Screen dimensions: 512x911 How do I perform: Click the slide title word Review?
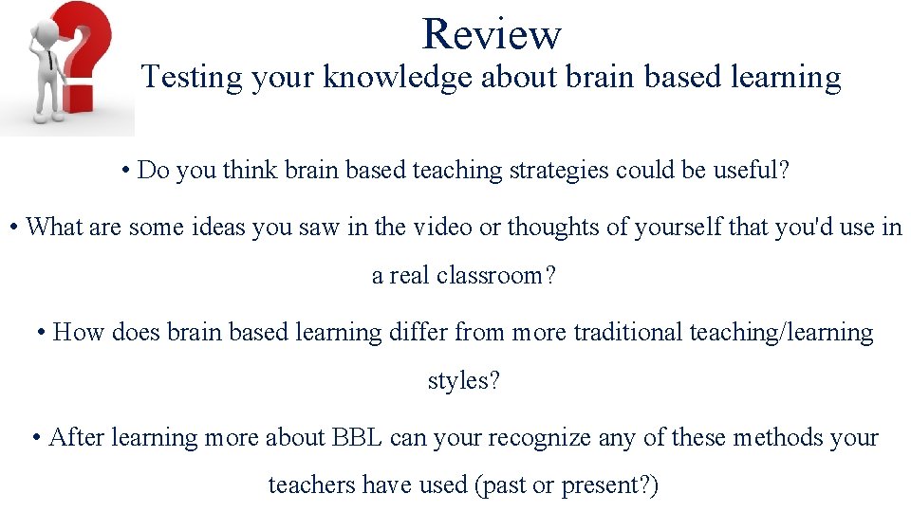492,34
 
